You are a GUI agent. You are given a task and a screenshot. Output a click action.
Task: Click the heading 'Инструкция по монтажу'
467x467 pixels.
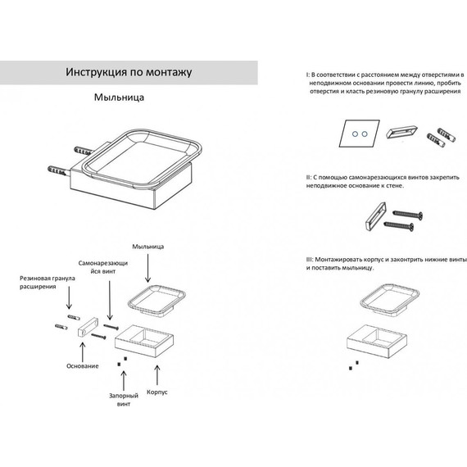coord(129,72)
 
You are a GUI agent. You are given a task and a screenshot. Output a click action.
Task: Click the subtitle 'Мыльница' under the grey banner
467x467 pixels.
coord(119,97)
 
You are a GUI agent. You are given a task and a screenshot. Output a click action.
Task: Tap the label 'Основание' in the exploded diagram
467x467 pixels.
coord(83,366)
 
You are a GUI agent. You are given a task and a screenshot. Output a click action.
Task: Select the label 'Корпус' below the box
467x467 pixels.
coord(157,392)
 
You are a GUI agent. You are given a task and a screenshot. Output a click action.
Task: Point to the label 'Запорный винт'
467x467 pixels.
coord(124,400)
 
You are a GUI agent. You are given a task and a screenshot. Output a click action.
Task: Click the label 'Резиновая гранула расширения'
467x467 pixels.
coord(47,283)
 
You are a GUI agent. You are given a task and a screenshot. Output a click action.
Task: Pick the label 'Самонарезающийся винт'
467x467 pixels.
coord(103,267)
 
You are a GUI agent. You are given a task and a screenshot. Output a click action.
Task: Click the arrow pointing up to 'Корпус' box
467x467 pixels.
coord(157,375)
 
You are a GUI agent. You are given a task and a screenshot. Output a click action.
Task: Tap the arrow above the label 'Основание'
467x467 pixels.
coord(83,352)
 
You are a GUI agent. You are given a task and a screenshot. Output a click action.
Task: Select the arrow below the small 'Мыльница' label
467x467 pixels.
coord(148,268)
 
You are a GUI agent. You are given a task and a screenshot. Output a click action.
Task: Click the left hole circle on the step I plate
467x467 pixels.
coord(355,134)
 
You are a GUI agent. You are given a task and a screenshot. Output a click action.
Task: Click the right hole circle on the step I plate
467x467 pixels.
coord(365,134)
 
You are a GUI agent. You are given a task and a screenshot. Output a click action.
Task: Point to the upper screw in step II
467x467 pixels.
coord(407,214)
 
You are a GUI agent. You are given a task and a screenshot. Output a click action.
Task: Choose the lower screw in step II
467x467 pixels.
coord(398,225)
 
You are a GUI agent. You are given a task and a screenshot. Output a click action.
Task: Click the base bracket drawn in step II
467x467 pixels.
coord(375,216)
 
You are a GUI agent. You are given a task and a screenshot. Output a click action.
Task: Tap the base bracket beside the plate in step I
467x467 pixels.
coord(401,132)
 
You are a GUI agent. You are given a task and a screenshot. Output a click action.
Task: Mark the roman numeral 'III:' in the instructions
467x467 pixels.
coord(310,260)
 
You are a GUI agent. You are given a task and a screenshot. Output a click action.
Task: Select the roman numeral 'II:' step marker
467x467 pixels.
coord(309,178)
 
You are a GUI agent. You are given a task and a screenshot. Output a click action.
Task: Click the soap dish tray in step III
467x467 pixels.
coord(389,298)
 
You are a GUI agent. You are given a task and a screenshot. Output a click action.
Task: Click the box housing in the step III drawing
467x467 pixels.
coord(377,341)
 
